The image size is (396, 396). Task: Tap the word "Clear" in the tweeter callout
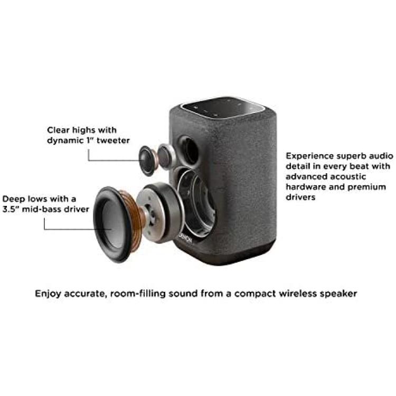pyautogui.click(x=58, y=129)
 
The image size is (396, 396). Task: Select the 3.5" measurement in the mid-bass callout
pyautogui.click(x=12, y=209)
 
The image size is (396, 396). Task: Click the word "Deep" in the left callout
pyautogui.click(x=13, y=199)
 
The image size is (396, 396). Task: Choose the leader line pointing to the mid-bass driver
pyautogui.click(x=69, y=229)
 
